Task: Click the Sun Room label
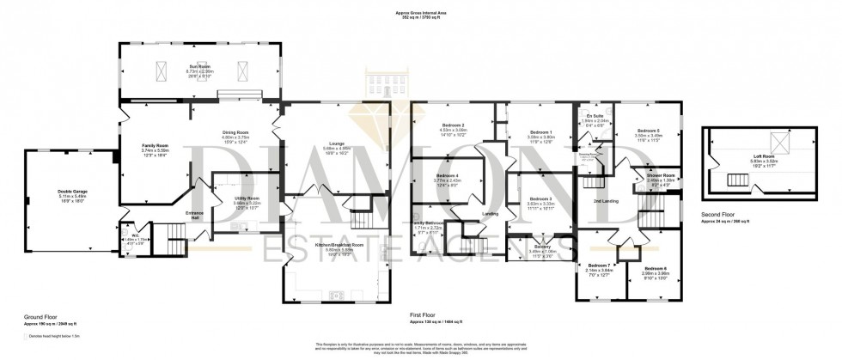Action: pos(200,65)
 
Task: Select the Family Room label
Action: pos(155,146)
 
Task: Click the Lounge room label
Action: pos(336,143)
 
